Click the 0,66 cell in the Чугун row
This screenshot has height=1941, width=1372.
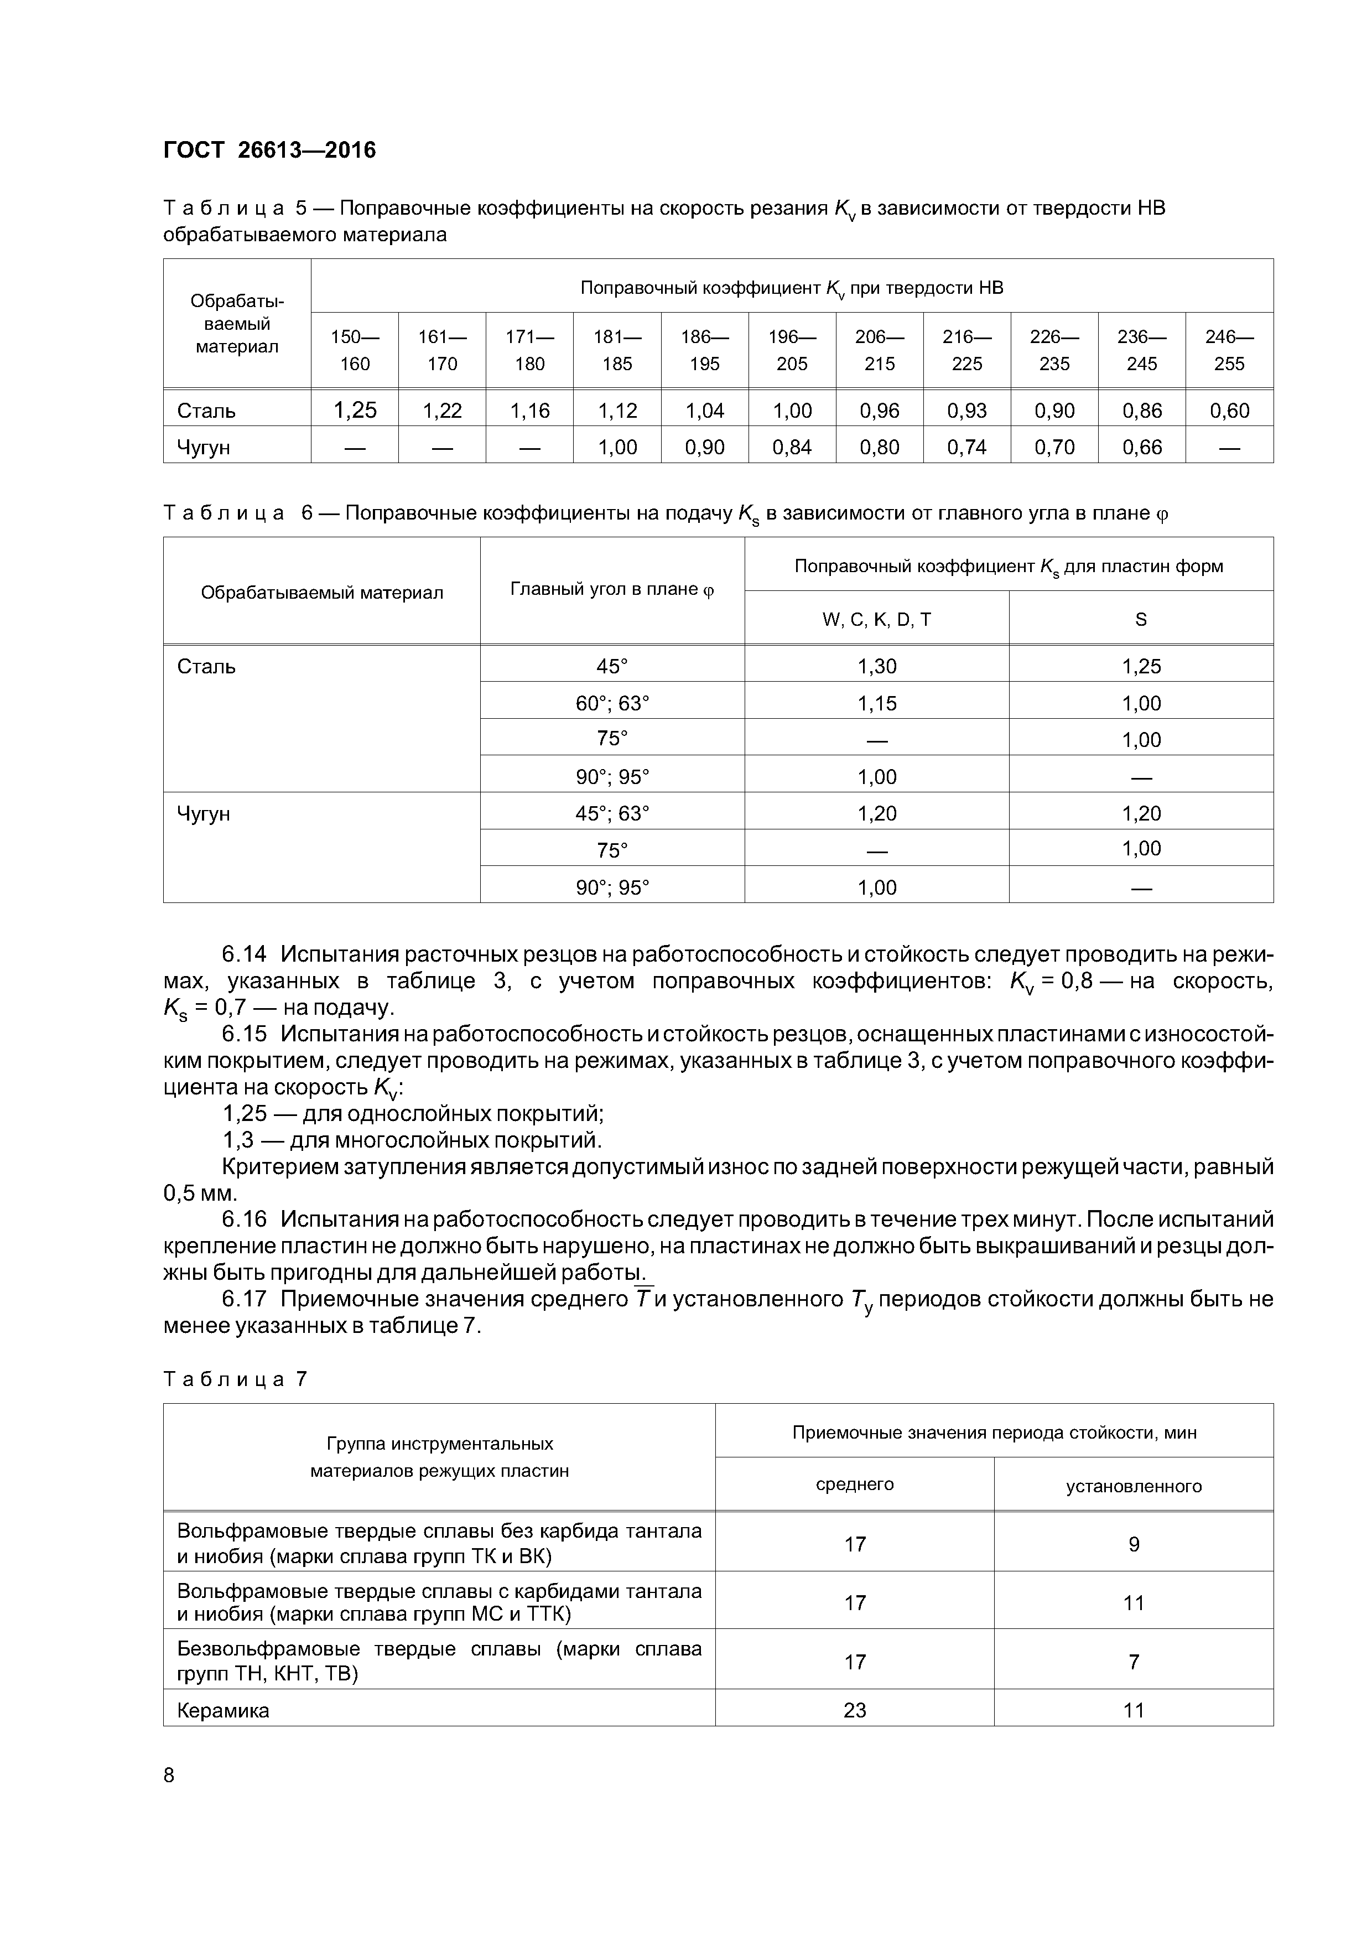point(1141,447)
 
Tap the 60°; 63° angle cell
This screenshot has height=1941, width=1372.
point(612,703)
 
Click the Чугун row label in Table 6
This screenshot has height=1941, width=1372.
point(203,814)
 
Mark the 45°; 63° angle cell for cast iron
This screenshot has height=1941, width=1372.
point(612,813)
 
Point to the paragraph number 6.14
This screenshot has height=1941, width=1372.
point(245,954)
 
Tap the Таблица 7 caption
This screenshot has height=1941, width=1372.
point(235,1379)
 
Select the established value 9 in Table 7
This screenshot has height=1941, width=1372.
point(1133,1544)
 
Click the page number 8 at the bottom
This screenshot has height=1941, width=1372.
point(169,1776)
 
